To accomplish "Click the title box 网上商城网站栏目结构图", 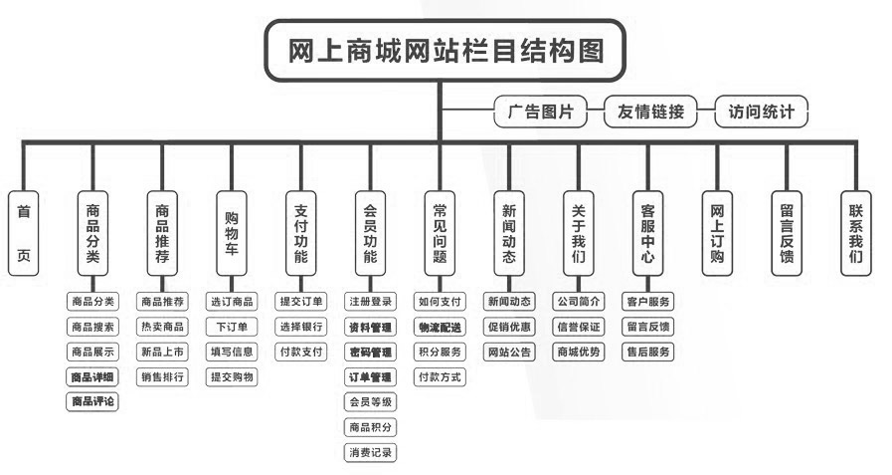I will (446, 51).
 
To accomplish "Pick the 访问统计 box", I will (762, 113).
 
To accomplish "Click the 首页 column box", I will (24, 233).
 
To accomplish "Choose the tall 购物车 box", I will (232, 233).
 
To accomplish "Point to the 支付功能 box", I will (301, 233).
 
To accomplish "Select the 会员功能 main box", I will (370, 233).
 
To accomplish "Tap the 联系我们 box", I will (855, 233).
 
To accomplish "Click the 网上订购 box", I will (717, 233).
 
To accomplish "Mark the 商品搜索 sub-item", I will (92, 327).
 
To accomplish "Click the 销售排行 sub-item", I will (162, 376).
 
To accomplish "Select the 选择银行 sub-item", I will (301, 327).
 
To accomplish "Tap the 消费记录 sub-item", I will (370, 452).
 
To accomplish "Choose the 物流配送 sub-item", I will (440, 327).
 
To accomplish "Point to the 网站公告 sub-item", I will (509, 352).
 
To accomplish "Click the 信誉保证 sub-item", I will (579, 327).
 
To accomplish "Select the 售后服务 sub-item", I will (648, 352).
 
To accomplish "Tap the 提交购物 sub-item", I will (232, 376).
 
